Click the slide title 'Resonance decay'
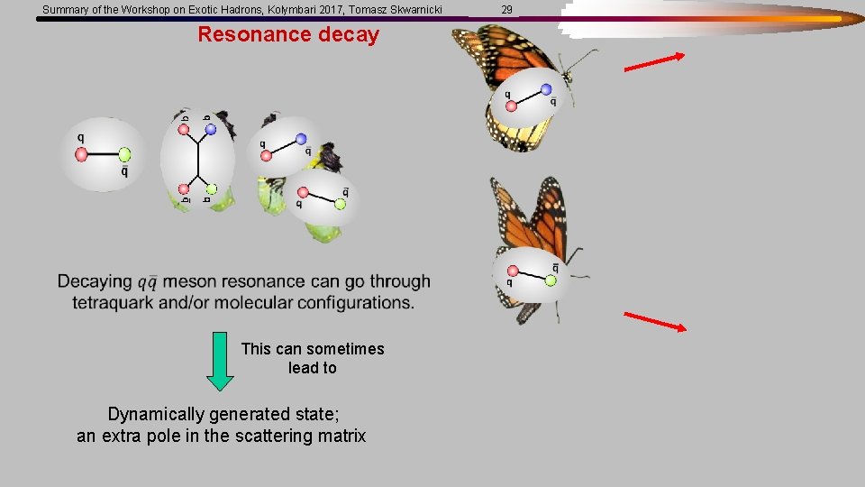click(288, 35)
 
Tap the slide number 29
click(507, 9)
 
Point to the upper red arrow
click(654, 61)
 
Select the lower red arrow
click(655, 321)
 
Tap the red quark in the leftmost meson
click(81, 154)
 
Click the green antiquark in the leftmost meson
click(124, 154)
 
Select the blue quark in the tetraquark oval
click(210, 130)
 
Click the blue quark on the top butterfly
click(546, 89)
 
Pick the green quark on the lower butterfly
click(551, 280)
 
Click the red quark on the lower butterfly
click(513, 270)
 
